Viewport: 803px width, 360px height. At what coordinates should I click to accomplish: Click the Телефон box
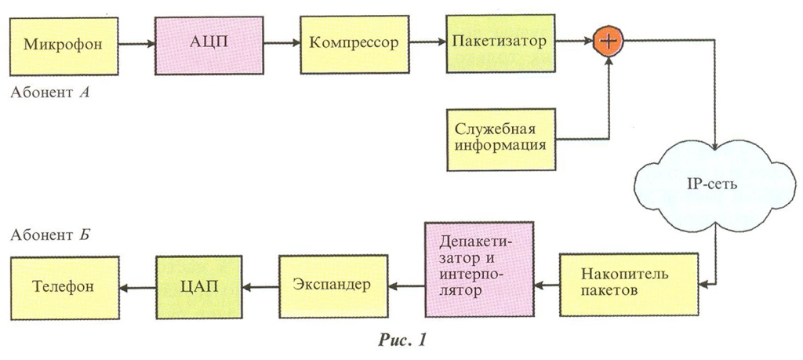64,285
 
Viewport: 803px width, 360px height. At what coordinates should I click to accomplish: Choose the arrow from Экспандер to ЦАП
260,286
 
